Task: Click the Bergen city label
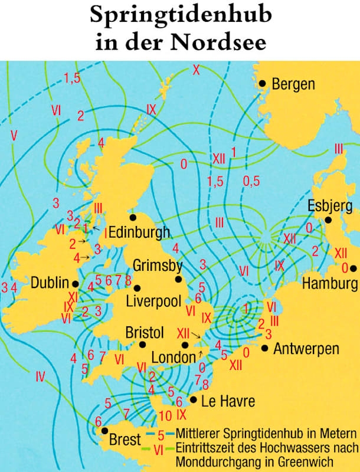(x=293, y=84)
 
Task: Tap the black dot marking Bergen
(x=262, y=84)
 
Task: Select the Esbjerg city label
(x=330, y=206)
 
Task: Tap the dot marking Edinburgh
(x=133, y=217)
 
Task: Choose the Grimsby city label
(x=158, y=264)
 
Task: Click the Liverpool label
(x=153, y=301)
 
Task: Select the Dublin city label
(x=51, y=283)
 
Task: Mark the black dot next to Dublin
(x=75, y=283)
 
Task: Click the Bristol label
(x=144, y=333)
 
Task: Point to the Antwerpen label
(x=306, y=349)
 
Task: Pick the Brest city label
(x=125, y=440)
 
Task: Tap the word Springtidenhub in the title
(x=180, y=16)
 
